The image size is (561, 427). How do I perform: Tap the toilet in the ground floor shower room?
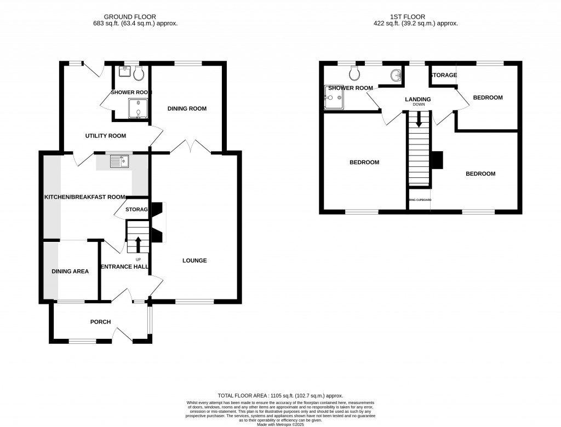click(x=139, y=73)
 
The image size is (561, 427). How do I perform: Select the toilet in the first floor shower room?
click(x=355, y=73)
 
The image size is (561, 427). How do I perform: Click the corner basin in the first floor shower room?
click(x=396, y=75)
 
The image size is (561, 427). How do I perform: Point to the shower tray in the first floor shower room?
click(x=334, y=98)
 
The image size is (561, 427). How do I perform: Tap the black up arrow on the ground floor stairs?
click(x=138, y=244)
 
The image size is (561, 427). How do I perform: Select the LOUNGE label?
click(x=194, y=261)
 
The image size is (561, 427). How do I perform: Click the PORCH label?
click(x=101, y=322)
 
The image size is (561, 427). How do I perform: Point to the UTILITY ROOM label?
click(x=105, y=136)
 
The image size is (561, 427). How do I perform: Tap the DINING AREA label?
click(x=70, y=272)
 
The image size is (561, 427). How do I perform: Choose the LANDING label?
click(x=418, y=99)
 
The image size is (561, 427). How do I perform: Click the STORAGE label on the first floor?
click(x=444, y=75)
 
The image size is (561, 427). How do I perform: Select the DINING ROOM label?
click(x=187, y=108)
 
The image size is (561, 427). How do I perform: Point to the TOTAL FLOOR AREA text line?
click(x=280, y=395)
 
